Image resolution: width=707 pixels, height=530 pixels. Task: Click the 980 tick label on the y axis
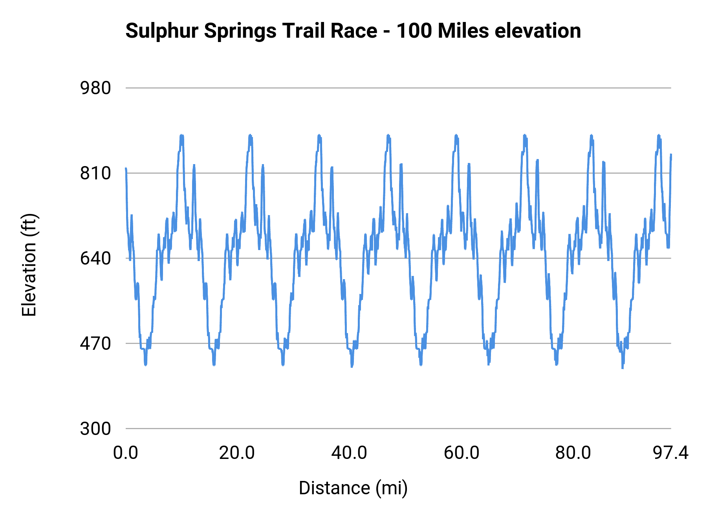[95, 88]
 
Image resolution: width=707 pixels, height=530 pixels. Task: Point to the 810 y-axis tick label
[95, 173]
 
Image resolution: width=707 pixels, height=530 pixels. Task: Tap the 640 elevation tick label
[95, 258]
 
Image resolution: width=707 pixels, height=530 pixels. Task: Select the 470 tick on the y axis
[95, 344]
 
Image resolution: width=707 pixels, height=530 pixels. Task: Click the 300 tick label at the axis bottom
[95, 428]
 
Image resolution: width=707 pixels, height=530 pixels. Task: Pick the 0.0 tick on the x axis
[126, 453]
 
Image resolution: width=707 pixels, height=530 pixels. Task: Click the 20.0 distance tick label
[237, 453]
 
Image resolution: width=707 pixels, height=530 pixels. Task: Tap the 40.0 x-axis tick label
[349, 453]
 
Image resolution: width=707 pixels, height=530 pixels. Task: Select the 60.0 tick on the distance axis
[462, 453]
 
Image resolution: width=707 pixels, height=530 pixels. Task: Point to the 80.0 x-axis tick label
[573, 453]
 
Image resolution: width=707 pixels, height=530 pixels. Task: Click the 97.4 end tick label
[670, 453]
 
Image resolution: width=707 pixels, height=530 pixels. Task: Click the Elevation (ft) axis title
[29, 265]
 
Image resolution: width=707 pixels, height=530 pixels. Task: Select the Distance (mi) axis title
[353, 488]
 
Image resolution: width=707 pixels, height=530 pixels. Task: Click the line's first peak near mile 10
[181, 135]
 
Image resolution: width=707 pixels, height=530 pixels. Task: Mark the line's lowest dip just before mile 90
[622, 367]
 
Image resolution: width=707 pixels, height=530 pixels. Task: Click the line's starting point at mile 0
[126, 168]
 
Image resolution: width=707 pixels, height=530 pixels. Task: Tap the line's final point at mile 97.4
[671, 155]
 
